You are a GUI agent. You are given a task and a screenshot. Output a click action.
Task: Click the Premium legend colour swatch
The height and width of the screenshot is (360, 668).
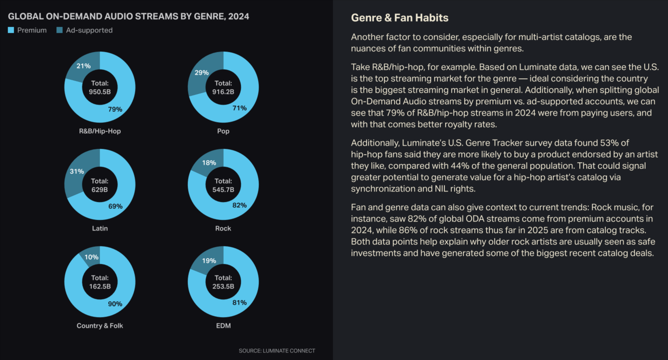[x=11, y=30]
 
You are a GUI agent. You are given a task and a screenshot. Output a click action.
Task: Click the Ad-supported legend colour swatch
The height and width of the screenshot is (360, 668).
[x=60, y=30]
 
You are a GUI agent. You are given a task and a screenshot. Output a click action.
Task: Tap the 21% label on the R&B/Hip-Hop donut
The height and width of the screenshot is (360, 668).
[x=83, y=66]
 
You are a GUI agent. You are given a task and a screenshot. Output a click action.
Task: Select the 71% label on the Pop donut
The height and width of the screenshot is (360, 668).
[x=239, y=108]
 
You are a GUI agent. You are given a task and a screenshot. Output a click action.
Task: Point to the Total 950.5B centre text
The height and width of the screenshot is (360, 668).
[x=100, y=88]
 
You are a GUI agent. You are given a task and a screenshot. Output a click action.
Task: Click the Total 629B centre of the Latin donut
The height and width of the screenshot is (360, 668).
[x=100, y=185]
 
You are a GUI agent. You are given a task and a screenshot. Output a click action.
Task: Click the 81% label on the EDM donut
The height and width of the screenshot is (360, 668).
[x=239, y=302]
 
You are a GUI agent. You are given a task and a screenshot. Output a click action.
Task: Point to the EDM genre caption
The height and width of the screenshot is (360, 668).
[x=223, y=326]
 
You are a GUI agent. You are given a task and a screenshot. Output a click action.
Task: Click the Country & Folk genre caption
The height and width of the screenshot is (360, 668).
[x=100, y=326]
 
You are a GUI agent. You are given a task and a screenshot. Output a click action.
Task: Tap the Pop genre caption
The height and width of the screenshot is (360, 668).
[x=223, y=131]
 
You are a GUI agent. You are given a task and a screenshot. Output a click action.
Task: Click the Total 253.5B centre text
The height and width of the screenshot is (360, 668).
[x=223, y=282]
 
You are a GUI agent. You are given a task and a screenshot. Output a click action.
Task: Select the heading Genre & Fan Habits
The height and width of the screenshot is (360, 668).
[x=399, y=18]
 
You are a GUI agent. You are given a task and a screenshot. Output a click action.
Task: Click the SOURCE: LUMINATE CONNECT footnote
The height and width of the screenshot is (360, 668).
[x=277, y=351]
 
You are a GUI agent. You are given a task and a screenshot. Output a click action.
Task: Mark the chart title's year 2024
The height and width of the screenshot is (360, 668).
[x=238, y=17]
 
